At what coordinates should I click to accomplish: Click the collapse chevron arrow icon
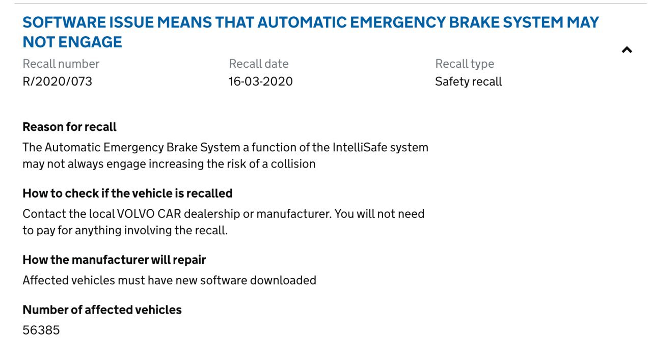pos(627,50)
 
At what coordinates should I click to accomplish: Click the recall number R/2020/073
pos(58,81)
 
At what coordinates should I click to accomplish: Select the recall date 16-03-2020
pos(260,81)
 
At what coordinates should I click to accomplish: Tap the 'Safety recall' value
pos(468,81)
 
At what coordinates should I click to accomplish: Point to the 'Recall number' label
pos(61,64)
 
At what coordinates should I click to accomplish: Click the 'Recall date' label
pos(258,64)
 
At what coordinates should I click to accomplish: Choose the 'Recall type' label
pos(465,64)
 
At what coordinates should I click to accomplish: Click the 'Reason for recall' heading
pos(69,127)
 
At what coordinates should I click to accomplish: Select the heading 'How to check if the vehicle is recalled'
pos(127,193)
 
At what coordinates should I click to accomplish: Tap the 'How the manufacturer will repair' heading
pos(114,260)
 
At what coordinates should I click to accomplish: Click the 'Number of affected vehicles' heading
pos(102,310)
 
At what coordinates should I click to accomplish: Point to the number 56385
pos(41,330)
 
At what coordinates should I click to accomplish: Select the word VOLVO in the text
pos(135,214)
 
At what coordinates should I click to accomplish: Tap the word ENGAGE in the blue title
pos(90,42)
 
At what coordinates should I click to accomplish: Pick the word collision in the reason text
pos(293,164)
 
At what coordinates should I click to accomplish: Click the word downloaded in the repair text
pos(283,280)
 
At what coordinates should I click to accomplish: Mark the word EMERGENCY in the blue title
pos(397,22)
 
